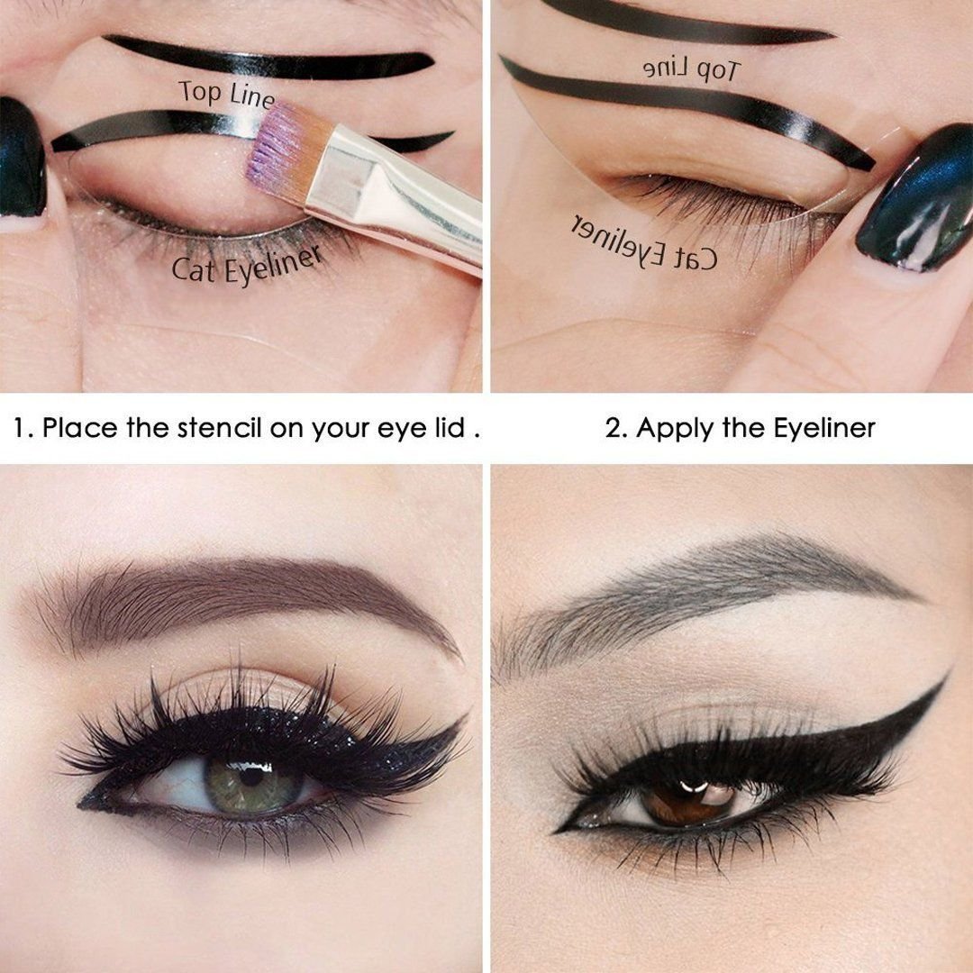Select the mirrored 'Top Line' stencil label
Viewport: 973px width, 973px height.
pyautogui.click(x=692, y=69)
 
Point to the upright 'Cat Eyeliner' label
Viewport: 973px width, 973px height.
pyautogui.click(x=247, y=263)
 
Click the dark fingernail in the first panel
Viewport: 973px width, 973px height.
pyautogui.click(x=22, y=158)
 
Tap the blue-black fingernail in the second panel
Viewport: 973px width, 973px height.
pyautogui.click(x=914, y=196)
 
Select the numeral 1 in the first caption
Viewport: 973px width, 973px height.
pyautogui.click(x=20, y=428)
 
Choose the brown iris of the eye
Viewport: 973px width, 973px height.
pyautogui.click(x=687, y=800)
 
